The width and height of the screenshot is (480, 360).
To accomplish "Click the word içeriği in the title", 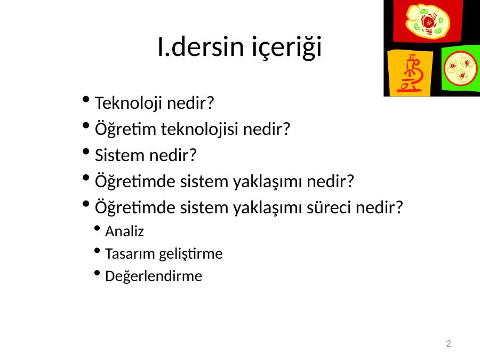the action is click(x=287, y=46).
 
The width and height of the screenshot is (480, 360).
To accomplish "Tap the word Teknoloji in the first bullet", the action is click(x=128, y=103).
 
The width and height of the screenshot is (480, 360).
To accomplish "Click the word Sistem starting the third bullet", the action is click(x=119, y=155).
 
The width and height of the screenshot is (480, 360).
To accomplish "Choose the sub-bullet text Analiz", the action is click(x=124, y=231).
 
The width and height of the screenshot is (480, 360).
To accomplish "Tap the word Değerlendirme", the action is click(x=154, y=276).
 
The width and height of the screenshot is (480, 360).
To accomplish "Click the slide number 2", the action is click(x=449, y=343).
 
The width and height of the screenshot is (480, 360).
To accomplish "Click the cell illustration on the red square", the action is click(x=428, y=21).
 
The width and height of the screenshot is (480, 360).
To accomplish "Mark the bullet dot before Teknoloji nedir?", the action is click(x=86, y=100).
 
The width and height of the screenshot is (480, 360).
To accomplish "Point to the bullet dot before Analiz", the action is click(x=98, y=228).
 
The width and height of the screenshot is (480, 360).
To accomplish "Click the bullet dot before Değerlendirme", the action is click(x=98, y=273).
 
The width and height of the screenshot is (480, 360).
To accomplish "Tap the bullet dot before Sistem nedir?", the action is click(x=86, y=151).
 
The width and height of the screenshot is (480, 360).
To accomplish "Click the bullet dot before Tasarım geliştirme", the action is click(x=98, y=251).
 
